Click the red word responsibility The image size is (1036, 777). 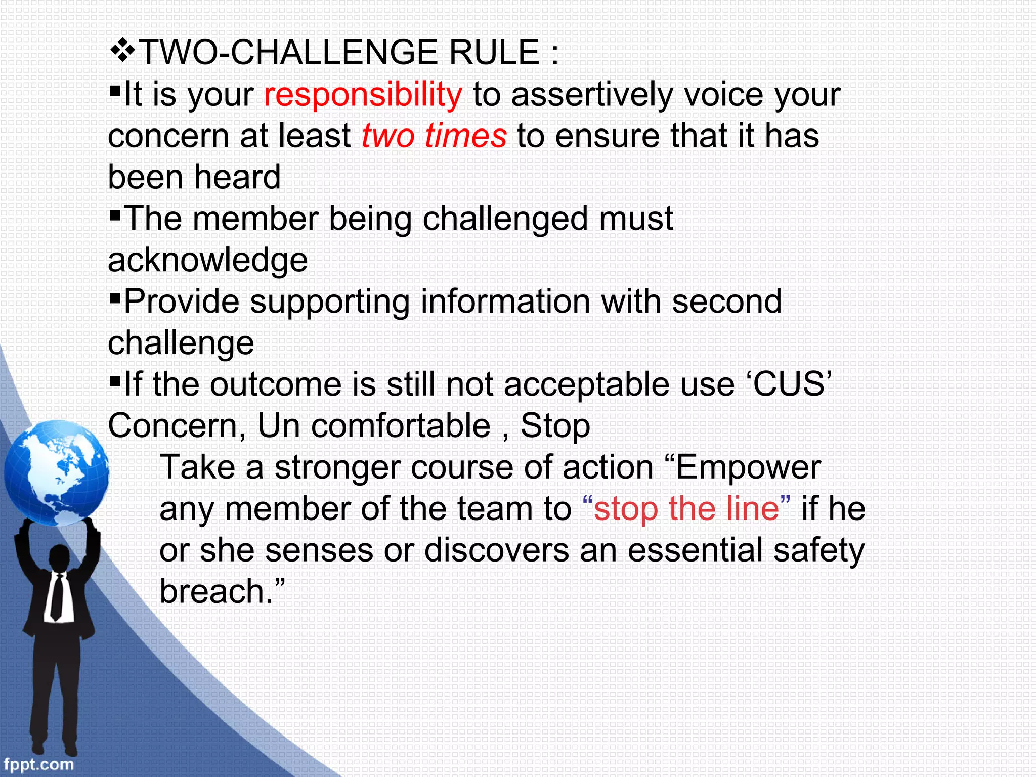coord(363,95)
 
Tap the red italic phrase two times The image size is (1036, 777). coord(434,137)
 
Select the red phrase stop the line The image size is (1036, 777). coord(686,509)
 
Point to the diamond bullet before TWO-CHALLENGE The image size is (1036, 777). coord(122,51)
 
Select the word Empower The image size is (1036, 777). coord(748,468)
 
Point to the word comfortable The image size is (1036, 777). coord(400,426)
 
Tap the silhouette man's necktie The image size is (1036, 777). coord(57,597)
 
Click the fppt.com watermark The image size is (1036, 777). coord(38,764)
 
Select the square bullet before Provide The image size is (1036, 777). coord(115,295)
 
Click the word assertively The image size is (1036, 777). coord(591,95)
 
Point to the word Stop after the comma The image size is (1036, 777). coord(555,426)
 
